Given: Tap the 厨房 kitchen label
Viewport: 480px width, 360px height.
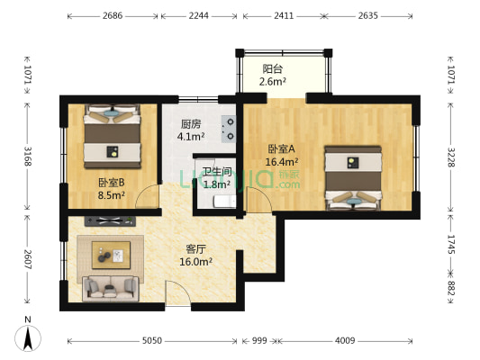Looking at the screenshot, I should coord(190,125).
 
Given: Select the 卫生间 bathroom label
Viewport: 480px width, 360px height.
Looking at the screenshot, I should coord(216,172).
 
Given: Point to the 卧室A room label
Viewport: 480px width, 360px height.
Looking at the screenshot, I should coord(281,149).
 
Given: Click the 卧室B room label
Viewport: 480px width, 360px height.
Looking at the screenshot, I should coord(111,183).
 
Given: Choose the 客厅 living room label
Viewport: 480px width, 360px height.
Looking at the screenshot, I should coord(195,249).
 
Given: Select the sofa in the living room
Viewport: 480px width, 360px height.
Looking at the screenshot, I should coord(110,288).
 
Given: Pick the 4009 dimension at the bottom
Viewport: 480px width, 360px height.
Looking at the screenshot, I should coord(345,341).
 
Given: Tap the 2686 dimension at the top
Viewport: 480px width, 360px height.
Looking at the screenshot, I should coord(113,15).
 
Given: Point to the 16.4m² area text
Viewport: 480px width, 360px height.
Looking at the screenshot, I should coord(282,162).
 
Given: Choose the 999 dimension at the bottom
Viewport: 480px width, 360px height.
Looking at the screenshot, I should coord(259,341).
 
